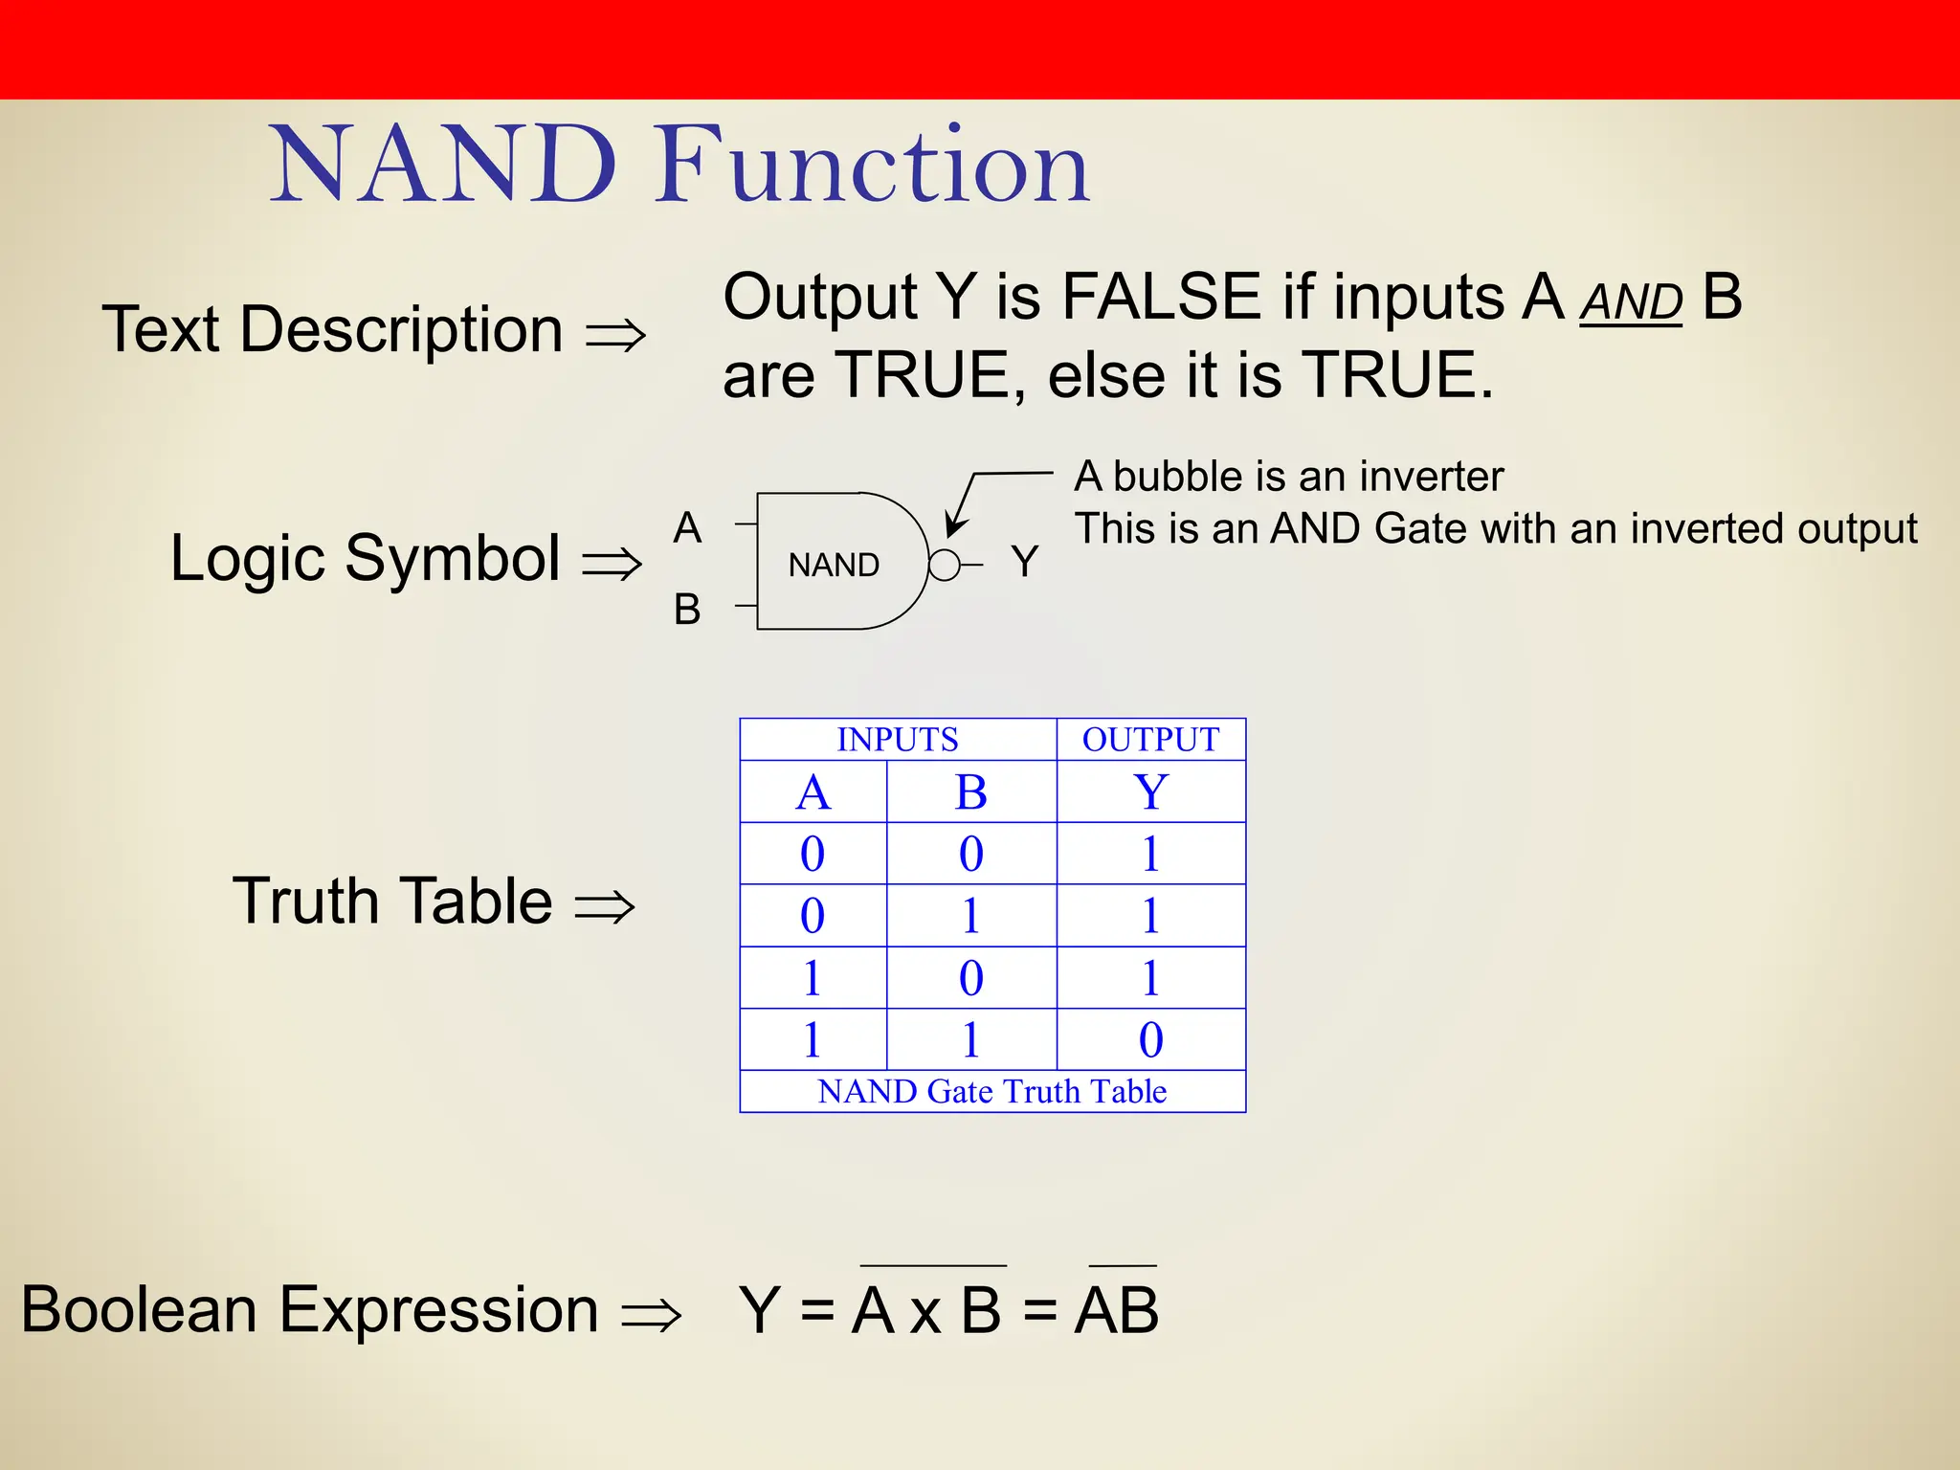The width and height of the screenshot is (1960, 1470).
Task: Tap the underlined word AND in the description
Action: (x=1630, y=303)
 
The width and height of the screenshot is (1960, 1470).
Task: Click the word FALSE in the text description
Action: (x=1161, y=297)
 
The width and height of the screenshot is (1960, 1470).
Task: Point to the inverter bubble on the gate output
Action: (x=944, y=566)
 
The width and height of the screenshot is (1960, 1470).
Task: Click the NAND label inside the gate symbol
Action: (x=834, y=565)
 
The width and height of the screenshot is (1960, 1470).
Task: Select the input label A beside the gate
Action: (x=687, y=527)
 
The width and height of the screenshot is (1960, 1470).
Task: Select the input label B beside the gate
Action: (x=687, y=609)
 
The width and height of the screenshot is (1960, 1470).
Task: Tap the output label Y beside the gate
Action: (x=1024, y=561)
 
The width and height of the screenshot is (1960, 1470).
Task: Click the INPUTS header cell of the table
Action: (x=897, y=740)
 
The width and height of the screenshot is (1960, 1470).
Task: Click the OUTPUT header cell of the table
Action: (x=1150, y=740)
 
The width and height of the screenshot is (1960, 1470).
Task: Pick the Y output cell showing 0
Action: (x=1150, y=1039)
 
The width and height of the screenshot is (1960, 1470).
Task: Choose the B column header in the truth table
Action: (x=970, y=792)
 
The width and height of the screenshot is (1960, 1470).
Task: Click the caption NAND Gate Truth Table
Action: (x=991, y=1091)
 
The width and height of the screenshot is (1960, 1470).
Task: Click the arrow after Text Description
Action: (x=615, y=335)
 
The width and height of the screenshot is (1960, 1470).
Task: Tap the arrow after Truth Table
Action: (x=604, y=905)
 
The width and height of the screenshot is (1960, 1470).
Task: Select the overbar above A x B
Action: (x=933, y=1265)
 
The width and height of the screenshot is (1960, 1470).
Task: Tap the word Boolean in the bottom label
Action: (x=139, y=1309)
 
